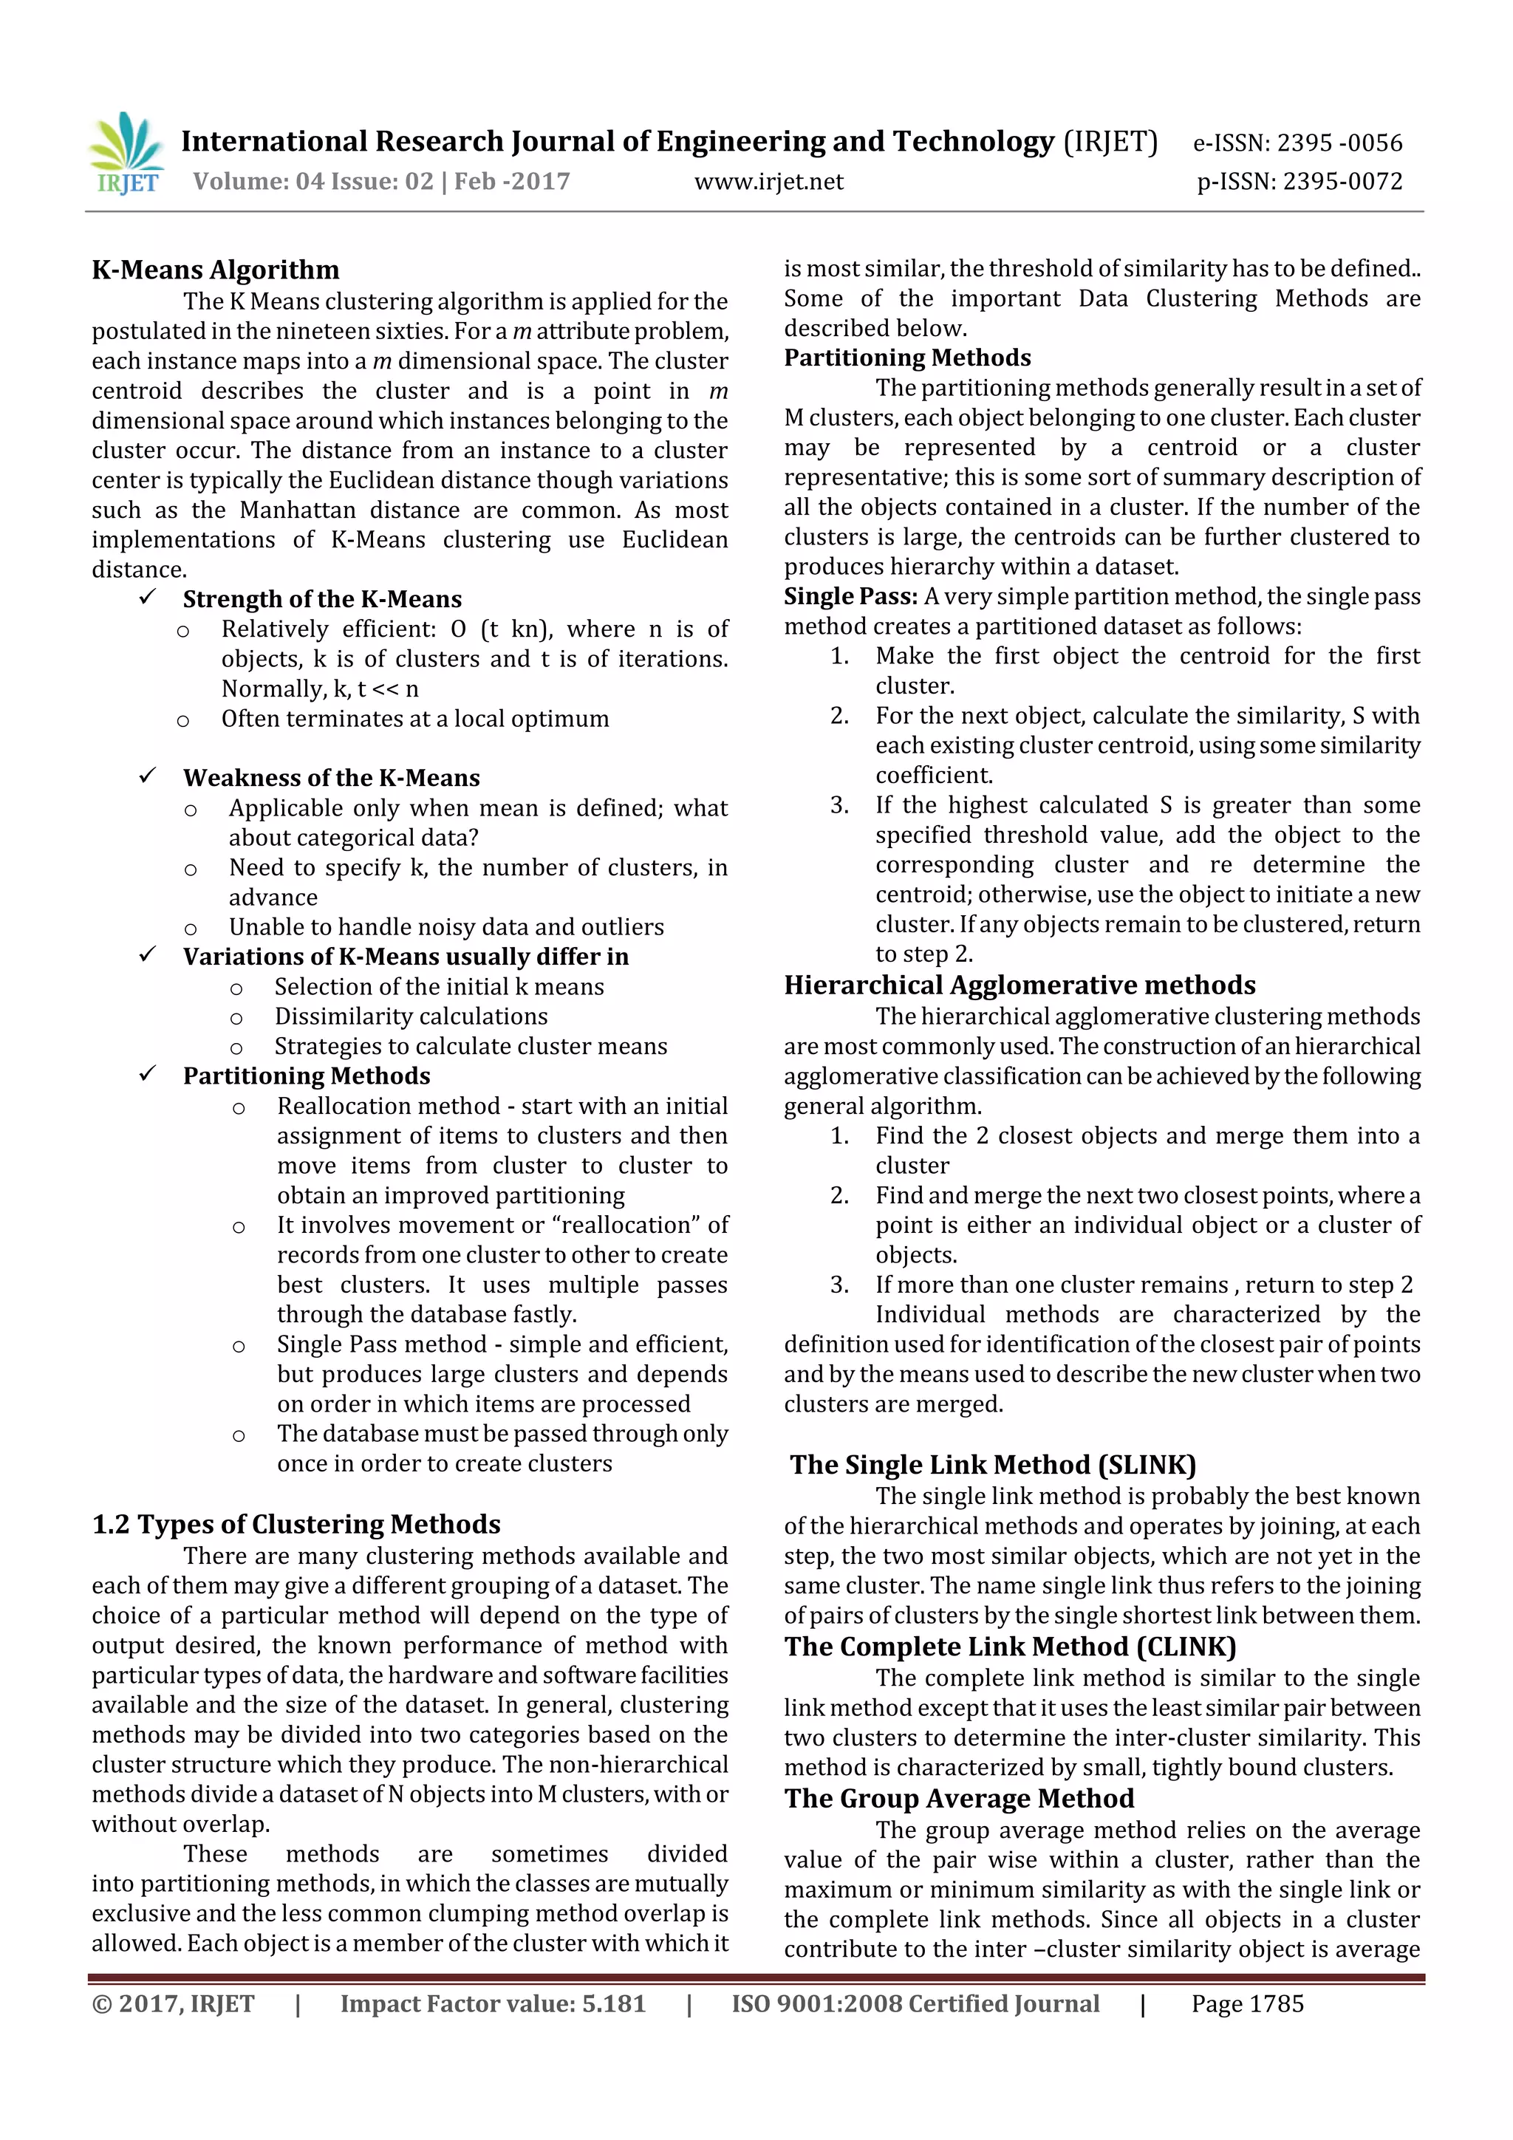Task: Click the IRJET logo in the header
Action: click(x=127, y=154)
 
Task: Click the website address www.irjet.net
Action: click(x=768, y=182)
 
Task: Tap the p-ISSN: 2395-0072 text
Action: click(x=1299, y=182)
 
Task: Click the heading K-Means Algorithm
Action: click(x=215, y=270)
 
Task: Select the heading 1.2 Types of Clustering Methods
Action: click(x=296, y=1524)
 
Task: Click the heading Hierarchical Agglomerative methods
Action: click(x=1019, y=985)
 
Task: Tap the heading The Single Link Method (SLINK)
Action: click(x=993, y=1465)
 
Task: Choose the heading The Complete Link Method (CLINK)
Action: click(x=1010, y=1647)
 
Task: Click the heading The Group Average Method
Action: click(x=958, y=1799)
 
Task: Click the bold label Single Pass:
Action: click(x=850, y=597)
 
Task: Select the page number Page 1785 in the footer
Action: click(x=1246, y=2004)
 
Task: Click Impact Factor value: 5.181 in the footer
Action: click(x=492, y=2004)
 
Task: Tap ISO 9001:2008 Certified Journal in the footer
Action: click(x=915, y=2004)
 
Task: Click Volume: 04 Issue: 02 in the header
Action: click(x=313, y=182)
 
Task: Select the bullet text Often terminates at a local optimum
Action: click(x=415, y=719)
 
